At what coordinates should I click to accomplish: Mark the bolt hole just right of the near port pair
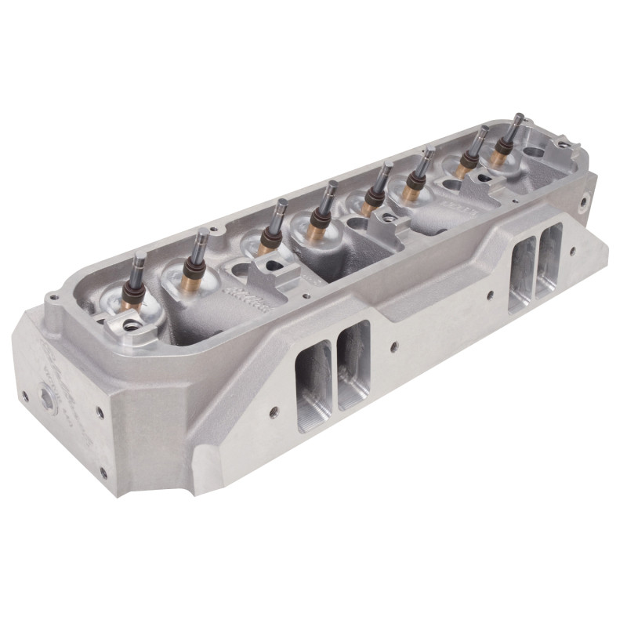point(394,344)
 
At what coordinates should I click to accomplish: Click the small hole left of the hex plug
point(24,395)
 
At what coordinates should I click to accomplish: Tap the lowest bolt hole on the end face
point(103,472)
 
